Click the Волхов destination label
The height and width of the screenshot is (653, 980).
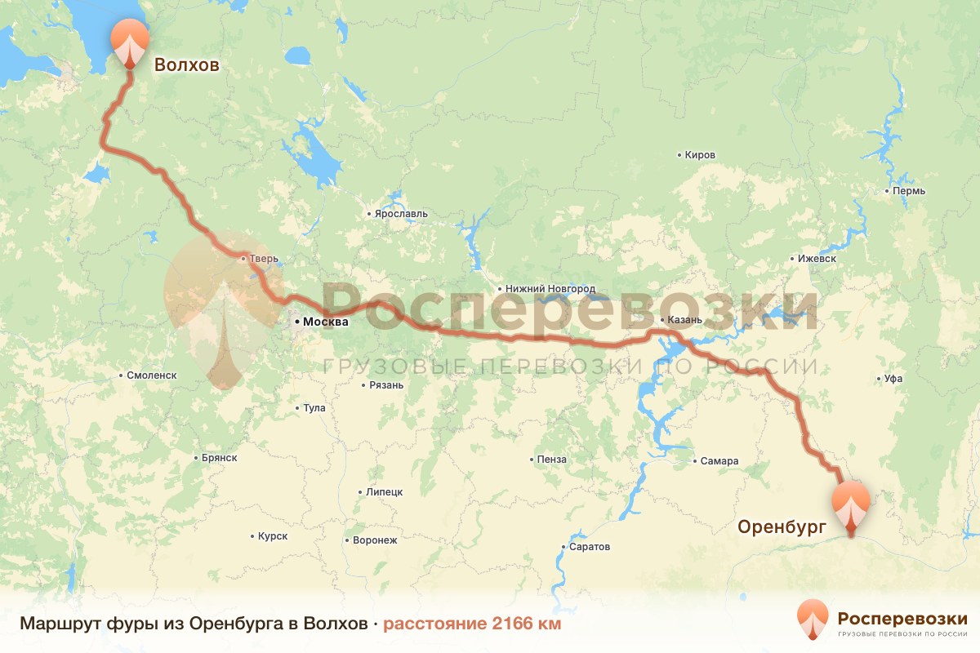[x=187, y=65]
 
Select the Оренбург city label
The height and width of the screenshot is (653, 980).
[x=782, y=526]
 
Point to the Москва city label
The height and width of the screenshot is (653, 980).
[x=325, y=322]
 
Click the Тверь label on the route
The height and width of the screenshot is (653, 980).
[x=263, y=259]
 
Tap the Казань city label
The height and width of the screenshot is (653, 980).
[x=684, y=319]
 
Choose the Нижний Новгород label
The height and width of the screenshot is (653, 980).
[x=550, y=289]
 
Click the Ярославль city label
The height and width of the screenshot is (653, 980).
[x=401, y=214]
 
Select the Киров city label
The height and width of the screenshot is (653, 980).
[x=700, y=155]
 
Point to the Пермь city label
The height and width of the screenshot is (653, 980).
[x=909, y=191]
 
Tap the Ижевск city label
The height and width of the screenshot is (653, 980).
[x=817, y=259]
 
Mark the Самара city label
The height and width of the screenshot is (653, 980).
[x=719, y=461]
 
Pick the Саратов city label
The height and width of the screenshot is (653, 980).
[x=590, y=547]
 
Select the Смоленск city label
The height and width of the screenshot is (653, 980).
[x=152, y=375]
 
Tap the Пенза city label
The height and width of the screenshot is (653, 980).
[x=551, y=460]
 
